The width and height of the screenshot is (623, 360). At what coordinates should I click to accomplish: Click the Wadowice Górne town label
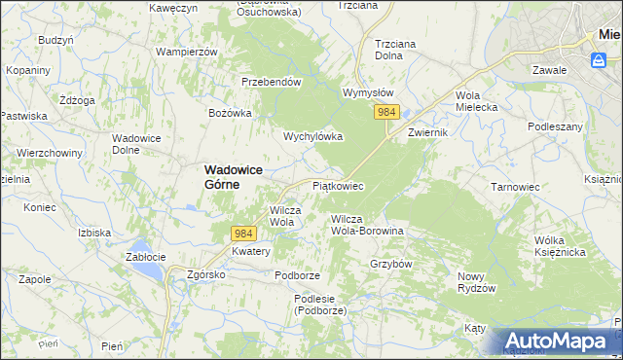click(x=235, y=176)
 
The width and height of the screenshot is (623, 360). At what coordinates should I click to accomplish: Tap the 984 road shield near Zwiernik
click(x=386, y=113)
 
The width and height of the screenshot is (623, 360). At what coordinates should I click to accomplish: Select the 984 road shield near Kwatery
click(x=243, y=234)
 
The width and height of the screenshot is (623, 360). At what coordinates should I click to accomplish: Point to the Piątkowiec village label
click(x=338, y=185)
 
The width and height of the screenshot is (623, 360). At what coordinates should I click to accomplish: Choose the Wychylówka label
click(x=312, y=136)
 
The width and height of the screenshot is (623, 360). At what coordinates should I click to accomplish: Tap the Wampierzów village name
click(x=185, y=51)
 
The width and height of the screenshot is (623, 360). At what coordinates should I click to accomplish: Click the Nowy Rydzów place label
click(x=477, y=282)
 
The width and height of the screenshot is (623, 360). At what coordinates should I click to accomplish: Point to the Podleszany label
click(x=555, y=126)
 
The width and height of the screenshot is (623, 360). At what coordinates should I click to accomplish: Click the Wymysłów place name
click(x=367, y=92)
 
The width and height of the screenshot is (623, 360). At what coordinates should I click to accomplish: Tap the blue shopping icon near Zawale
click(x=599, y=60)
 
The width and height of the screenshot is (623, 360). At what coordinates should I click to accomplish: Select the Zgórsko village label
click(x=206, y=274)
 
